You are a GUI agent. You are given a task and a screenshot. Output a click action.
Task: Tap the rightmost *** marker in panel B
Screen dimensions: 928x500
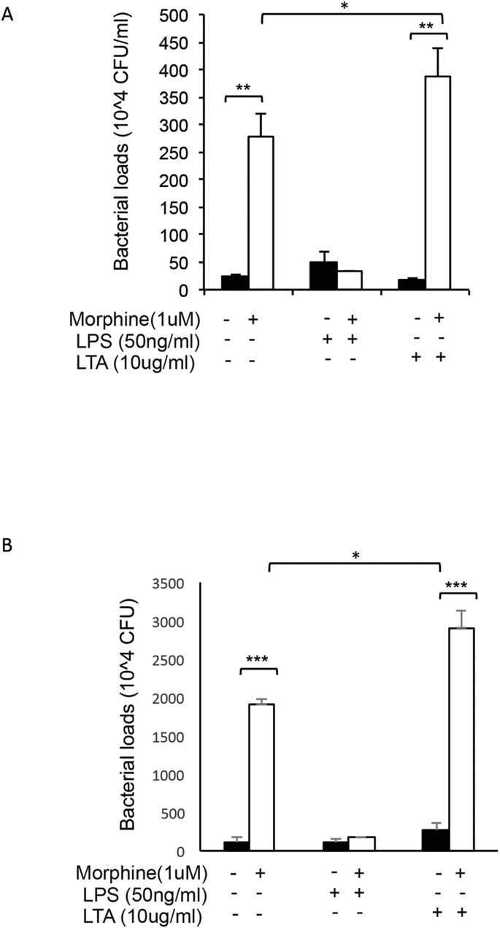tap(458, 586)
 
